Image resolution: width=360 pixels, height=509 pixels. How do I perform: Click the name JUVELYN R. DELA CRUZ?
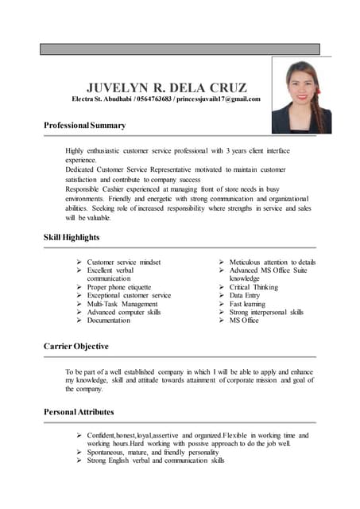tap(166, 87)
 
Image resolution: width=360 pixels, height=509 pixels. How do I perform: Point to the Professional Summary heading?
tap(84, 126)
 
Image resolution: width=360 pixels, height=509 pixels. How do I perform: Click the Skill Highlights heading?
tap(72, 237)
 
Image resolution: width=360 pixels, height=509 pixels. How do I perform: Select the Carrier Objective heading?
tap(75, 347)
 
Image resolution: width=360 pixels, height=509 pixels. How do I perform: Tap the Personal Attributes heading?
tap(79, 412)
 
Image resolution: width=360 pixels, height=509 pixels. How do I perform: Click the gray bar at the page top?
tap(180, 49)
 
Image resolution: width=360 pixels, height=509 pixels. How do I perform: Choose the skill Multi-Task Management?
tap(122, 304)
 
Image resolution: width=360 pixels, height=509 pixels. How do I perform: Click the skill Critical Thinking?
tap(254, 287)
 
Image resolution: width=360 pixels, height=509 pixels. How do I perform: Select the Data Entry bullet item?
tap(245, 296)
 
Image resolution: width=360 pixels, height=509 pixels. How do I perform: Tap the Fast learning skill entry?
tap(248, 304)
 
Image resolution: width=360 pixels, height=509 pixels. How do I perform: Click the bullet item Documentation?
tap(109, 321)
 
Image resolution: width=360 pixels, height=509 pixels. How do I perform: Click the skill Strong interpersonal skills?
tap(266, 313)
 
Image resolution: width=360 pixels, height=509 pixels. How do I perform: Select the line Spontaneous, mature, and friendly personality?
tap(153, 452)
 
